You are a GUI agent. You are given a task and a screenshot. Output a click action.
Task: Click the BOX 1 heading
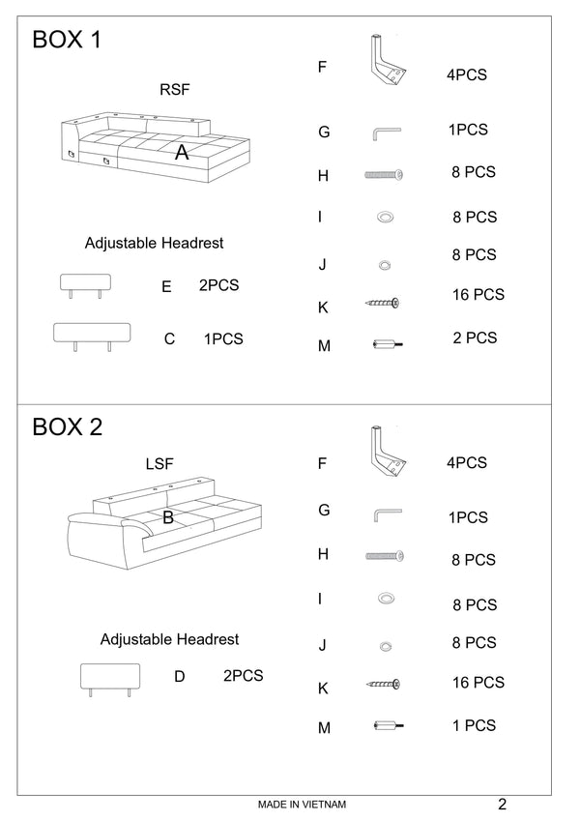(67, 40)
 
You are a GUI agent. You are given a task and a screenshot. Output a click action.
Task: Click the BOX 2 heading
(67, 426)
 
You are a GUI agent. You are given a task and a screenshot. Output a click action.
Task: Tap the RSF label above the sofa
(175, 90)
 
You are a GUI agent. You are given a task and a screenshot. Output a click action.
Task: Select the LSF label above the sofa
(159, 463)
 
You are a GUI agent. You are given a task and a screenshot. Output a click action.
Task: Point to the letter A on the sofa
(182, 153)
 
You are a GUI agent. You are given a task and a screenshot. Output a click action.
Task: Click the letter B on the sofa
(168, 517)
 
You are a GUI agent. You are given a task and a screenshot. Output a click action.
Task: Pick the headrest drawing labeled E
(85, 285)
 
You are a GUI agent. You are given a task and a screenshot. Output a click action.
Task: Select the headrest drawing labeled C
(92, 337)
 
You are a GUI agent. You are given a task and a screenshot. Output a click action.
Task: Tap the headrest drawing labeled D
(110, 680)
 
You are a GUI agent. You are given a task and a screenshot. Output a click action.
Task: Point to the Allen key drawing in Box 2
(388, 514)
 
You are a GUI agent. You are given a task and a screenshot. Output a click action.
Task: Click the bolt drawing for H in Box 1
(384, 174)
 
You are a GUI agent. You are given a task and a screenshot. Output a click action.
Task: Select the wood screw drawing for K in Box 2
(383, 684)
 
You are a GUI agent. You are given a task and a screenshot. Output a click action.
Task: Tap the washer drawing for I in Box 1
(386, 217)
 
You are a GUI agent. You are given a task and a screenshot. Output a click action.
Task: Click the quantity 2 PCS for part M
(475, 337)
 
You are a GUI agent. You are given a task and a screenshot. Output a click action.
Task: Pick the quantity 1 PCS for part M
(475, 725)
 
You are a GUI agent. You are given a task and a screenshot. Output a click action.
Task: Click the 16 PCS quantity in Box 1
(478, 295)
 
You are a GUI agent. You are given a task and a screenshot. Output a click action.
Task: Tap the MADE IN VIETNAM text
(302, 805)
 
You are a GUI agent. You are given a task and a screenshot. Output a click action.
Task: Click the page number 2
(503, 804)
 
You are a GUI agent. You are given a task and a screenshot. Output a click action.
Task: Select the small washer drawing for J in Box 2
(386, 646)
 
